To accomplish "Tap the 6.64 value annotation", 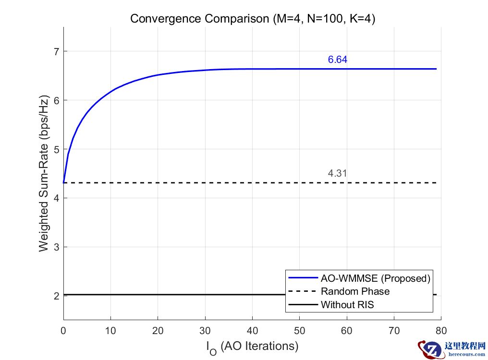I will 337,60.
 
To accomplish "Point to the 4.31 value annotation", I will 337,174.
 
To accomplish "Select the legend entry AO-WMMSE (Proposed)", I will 375,278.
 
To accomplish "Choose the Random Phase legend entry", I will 355,291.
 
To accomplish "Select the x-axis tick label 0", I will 63,331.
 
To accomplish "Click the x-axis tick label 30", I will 205,331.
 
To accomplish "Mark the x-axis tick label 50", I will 299,331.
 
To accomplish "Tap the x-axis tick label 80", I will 441,331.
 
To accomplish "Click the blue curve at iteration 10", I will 111,90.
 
